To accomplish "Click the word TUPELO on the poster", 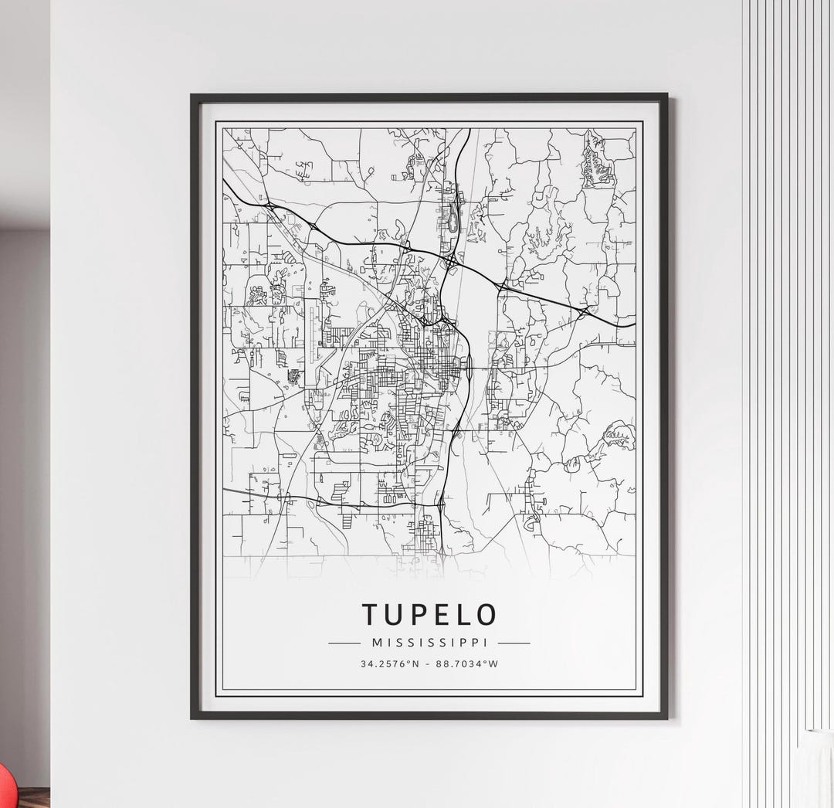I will (429, 614).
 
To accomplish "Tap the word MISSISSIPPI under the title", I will (429, 643).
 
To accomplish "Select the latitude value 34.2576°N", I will (389, 664).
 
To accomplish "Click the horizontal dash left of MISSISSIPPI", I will (344, 643).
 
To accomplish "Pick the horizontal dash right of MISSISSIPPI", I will (514, 643).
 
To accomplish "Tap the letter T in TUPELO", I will (371, 614).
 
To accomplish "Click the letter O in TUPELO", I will (486, 614).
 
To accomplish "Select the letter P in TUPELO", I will (417, 614).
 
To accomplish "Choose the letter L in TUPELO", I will (461, 614).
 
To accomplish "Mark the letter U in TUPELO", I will (394, 614).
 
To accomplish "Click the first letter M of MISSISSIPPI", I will (376, 643).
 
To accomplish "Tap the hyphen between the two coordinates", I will (429, 664).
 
